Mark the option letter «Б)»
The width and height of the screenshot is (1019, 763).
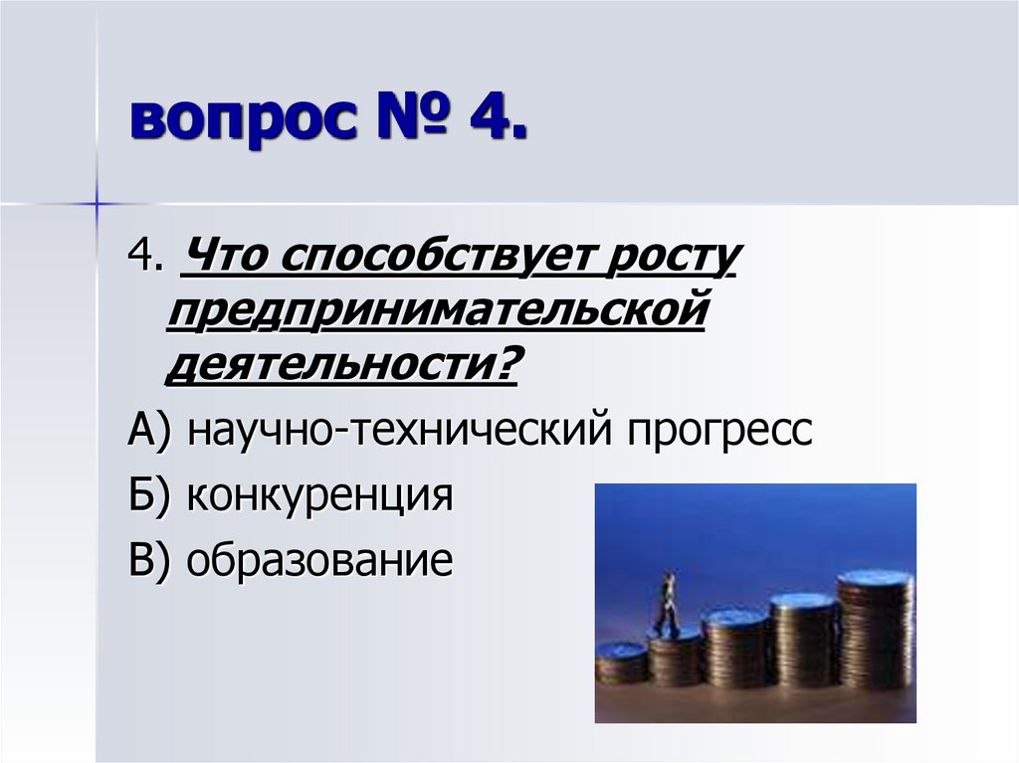(x=152, y=495)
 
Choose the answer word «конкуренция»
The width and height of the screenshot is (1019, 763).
(x=319, y=495)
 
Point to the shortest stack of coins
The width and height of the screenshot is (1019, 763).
(x=621, y=662)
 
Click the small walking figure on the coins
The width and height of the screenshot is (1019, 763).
(x=666, y=601)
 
